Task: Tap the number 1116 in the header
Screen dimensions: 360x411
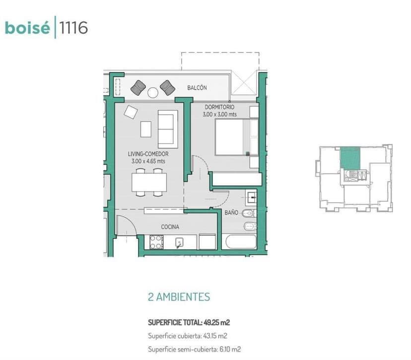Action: pyautogui.click(x=73, y=28)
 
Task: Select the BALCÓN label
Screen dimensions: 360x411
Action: pyautogui.click(x=197, y=88)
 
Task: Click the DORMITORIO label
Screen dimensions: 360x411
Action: pyautogui.click(x=219, y=107)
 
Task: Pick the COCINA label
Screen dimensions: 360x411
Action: pyautogui.click(x=170, y=227)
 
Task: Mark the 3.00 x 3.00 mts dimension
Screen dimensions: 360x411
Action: pyautogui.click(x=219, y=115)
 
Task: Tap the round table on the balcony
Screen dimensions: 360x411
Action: pyautogui.click(x=152, y=92)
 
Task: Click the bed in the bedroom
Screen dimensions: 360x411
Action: pyautogui.click(x=233, y=137)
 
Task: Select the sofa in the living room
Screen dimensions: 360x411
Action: pyautogui.click(x=166, y=126)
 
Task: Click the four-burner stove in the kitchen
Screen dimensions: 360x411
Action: pyautogui.click(x=156, y=241)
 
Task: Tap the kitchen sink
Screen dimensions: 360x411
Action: pyautogui.click(x=180, y=242)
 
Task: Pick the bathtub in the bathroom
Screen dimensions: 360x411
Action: pyautogui.click(x=240, y=242)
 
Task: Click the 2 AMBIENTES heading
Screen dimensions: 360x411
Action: pyautogui.click(x=179, y=297)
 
